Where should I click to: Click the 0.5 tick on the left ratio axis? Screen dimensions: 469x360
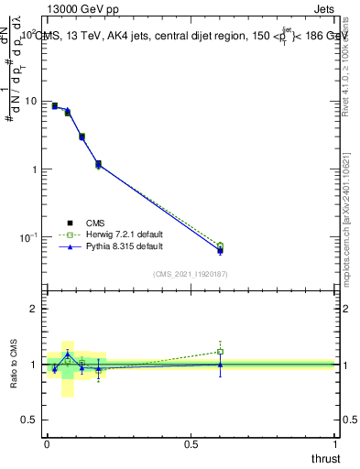point(32,419)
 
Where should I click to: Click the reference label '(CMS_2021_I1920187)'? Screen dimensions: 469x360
point(191,273)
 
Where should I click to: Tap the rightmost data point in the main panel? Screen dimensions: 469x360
point(220,248)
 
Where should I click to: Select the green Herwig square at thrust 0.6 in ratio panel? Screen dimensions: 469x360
point(220,352)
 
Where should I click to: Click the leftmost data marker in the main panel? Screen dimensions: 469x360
point(54,106)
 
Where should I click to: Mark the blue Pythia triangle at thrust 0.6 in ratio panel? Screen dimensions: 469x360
point(220,364)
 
